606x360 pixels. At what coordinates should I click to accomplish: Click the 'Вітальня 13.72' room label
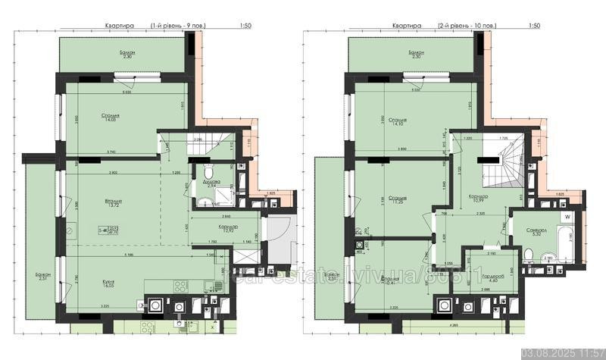(x=115, y=204)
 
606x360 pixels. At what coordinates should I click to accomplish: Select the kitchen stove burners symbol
(x=180, y=286)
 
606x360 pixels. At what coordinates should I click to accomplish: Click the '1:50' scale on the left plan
(x=245, y=26)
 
